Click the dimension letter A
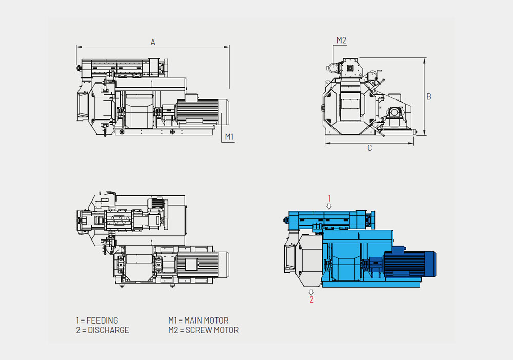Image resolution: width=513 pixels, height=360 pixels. (x=153, y=43)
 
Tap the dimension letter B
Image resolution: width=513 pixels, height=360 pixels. (x=429, y=96)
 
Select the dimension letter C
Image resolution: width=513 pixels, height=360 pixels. (x=369, y=149)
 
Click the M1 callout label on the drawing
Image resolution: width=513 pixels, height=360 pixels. (x=229, y=136)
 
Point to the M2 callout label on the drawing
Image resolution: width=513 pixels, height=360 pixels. (x=341, y=40)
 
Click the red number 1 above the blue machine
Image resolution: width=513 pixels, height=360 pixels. (x=329, y=198)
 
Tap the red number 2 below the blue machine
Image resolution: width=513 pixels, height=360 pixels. (x=311, y=299)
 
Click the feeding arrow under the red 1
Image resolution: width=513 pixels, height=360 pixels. (x=329, y=206)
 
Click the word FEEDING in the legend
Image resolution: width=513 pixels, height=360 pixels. (x=102, y=321)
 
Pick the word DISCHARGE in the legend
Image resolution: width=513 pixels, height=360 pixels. (x=108, y=330)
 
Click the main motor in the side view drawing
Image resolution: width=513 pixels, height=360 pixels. (x=202, y=112)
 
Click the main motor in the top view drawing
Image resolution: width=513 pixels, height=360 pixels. (x=203, y=264)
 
